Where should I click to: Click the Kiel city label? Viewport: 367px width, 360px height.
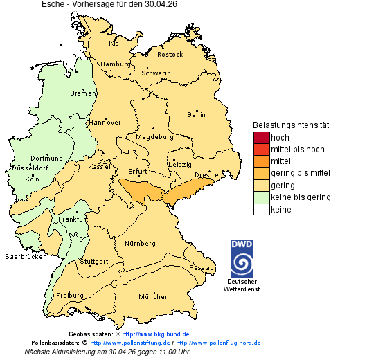115,43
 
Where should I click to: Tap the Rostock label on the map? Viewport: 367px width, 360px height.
170,54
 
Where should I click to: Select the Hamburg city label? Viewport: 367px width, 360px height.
115,64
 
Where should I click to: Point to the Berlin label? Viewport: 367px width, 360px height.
196,114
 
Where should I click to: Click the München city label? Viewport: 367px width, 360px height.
153,297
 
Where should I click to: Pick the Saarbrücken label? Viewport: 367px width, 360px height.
26,256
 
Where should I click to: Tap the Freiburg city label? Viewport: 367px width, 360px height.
69,295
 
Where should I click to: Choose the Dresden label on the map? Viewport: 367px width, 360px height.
208,175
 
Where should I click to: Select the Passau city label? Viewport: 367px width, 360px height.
202,267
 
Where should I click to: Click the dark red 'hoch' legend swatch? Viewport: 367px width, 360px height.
261,137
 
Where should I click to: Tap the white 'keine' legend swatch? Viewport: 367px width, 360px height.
261,209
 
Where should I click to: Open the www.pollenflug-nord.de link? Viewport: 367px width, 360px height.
218,343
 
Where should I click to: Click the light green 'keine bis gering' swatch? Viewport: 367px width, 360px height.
261,197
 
